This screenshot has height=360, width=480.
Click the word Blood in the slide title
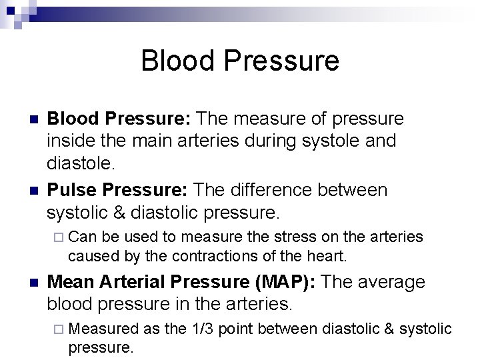(x=177, y=61)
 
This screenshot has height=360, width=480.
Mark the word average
(x=391, y=282)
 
